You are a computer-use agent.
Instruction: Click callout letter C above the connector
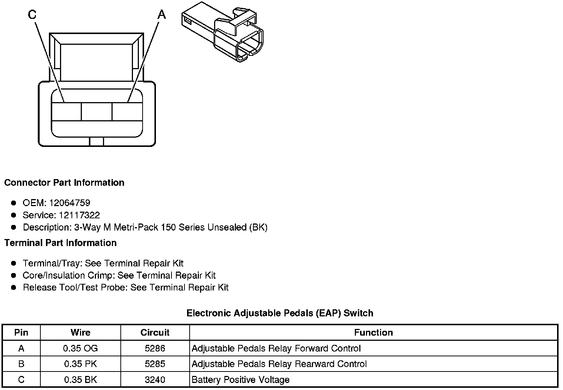[x=32, y=14]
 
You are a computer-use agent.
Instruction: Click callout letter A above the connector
[x=162, y=14]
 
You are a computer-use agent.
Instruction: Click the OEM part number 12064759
[x=70, y=203]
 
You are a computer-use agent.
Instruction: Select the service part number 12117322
[x=79, y=215]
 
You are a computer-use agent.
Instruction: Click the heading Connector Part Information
[x=64, y=183]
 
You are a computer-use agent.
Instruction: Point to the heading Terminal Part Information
[x=60, y=243]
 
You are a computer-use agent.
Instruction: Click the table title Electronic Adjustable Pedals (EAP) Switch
[x=280, y=313]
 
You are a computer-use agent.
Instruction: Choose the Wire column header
[x=80, y=332]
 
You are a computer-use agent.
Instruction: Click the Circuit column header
[x=155, y=332]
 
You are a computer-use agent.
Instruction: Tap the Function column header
[x=373, y=332]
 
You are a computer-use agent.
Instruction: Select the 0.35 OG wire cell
[x=80, y=348]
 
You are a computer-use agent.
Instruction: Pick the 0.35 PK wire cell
[x=80, y=364]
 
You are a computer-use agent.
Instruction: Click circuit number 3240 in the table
[x=155, y=380]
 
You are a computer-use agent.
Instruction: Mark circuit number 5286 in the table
[x=155, y=348]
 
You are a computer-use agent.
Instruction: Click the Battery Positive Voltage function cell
[x=240, y=380]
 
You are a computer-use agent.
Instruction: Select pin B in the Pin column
[x=21, y=364]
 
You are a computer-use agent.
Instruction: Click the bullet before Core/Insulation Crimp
[x=14, y=275]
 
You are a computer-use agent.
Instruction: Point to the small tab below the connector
[x=97, y=142]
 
